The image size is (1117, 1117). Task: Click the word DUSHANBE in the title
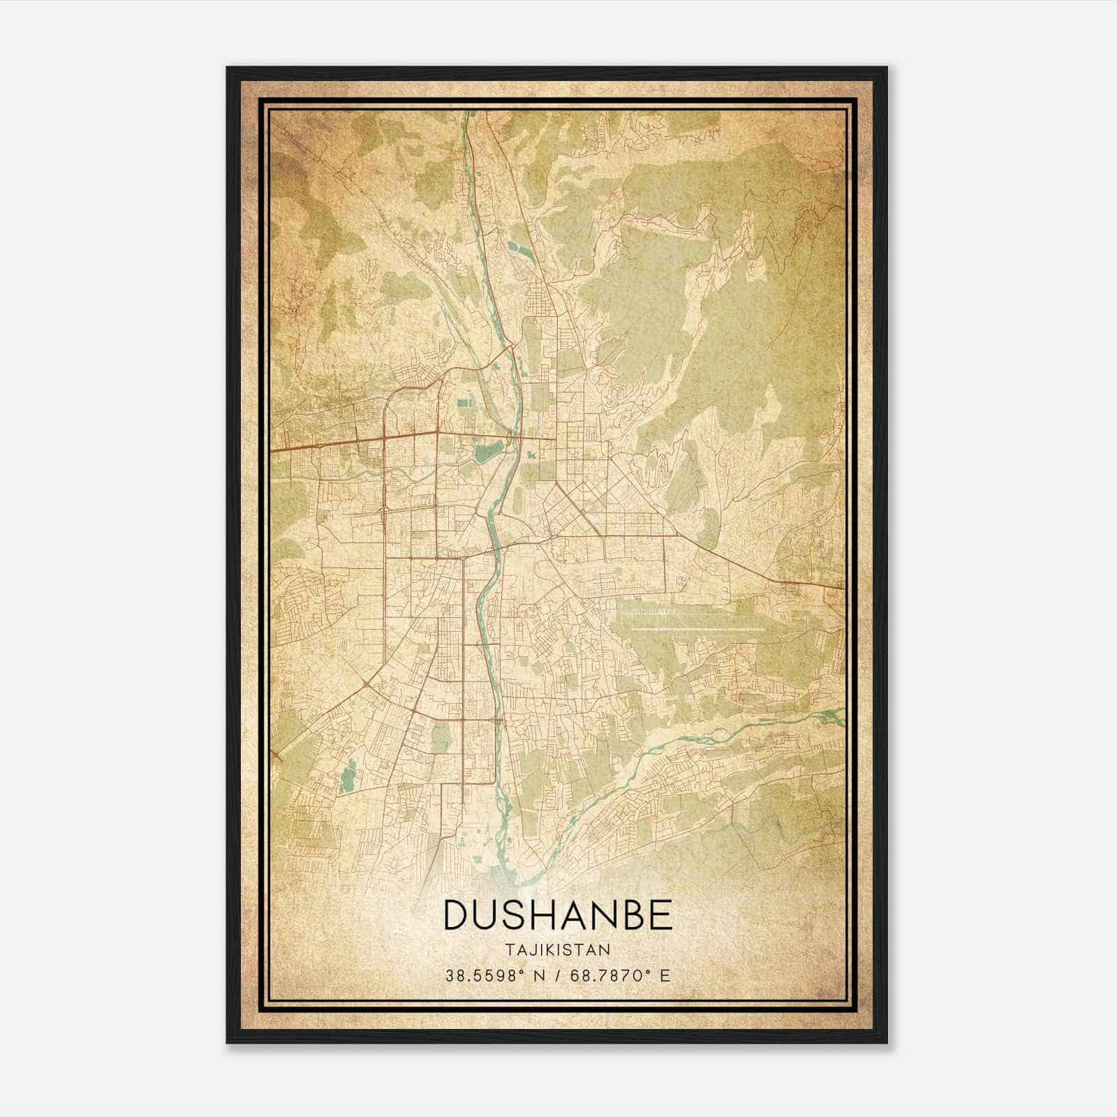coord(558,915)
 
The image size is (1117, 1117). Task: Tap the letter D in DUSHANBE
coord(458,915)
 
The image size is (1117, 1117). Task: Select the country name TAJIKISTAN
coord(558,949)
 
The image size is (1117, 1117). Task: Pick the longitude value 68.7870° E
coord(620,975)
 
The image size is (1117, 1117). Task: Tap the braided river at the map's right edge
coord(827,715)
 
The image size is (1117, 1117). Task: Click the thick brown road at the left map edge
coord(276,450)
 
